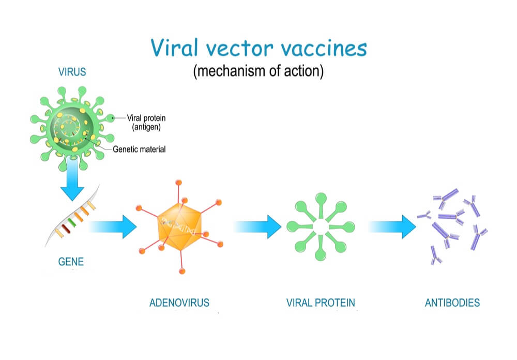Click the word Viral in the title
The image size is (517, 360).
coord(174,48)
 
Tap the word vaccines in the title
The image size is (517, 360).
coord(324,48)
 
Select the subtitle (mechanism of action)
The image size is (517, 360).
coord(258,71)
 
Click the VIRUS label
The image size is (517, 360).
coord(72,71)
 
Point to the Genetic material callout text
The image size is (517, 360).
coord(139,149)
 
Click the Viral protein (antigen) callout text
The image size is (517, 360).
coord(146,123)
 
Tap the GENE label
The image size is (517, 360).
coord(71,262)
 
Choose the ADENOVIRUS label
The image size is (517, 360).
coord(179,303)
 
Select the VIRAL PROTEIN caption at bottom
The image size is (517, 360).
coord(321,303)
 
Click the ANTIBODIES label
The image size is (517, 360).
coord(452,303)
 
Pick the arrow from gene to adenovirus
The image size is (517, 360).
coord(113,227)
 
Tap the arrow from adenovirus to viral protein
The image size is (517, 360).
coord(257,227)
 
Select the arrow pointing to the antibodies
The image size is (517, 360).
coord(392,227)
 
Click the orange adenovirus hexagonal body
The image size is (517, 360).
coord(180,227)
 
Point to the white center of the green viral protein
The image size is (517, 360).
coord(321,227)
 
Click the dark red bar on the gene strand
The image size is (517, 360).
coord(66,229)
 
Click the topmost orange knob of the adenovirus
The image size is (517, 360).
coord(179,183)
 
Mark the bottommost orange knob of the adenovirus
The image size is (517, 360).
coord(182,271)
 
